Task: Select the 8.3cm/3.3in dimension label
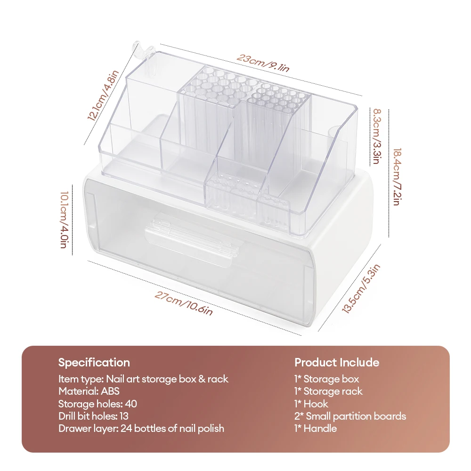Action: pos(377,136)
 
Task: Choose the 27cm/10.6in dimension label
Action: pos(184,304)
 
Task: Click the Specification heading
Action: pos(94,362)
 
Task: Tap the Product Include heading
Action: pos(337,362)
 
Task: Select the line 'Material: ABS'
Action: pos(89,391)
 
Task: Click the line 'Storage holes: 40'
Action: pos(98,404)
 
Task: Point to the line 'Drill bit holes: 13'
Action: pos(93,416)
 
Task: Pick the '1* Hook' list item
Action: pos(311,404)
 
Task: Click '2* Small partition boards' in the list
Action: pos(350,416)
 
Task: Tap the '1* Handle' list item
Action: pos(316,428)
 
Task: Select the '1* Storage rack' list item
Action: pos(329,391)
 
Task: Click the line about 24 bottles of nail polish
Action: pos(141,428)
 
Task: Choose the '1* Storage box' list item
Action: pos(326,379)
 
